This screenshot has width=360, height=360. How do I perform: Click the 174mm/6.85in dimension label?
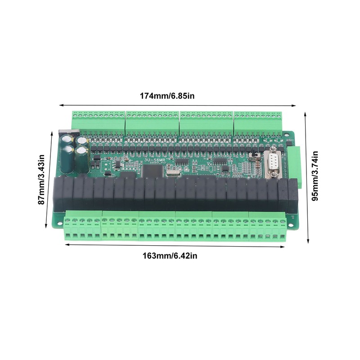click(167, 96)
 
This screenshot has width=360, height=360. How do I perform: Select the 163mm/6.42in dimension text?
click(170, 256)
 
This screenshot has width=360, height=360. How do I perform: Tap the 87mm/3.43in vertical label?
click(41, 180)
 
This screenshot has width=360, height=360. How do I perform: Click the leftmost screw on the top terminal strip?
click(75, 115)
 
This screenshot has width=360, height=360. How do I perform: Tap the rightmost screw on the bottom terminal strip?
click(282, 222)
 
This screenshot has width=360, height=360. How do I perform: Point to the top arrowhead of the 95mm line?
click(306, 113)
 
